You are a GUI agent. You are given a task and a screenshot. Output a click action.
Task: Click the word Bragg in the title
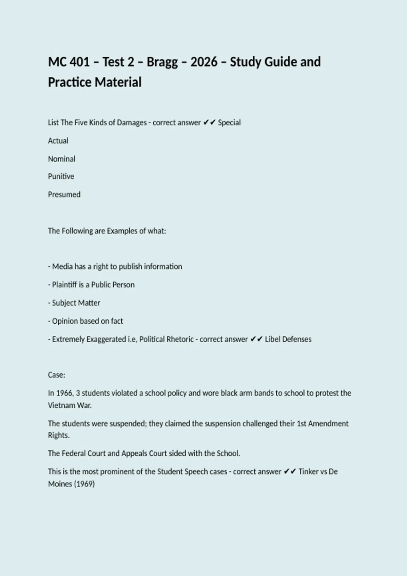click(162, 62)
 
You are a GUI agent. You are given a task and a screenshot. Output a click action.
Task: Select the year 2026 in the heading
click(204, 62)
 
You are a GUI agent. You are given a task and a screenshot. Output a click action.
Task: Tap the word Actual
click(58, 141)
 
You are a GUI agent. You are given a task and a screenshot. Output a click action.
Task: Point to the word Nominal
click(61, 159)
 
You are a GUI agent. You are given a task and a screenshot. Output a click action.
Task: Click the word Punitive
click(61, 176)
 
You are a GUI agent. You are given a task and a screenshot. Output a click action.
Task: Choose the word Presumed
click(64, 194)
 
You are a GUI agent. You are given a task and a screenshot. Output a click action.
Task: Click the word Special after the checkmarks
click(229, 122)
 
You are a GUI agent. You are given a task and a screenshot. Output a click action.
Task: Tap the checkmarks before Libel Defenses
click(256, 339)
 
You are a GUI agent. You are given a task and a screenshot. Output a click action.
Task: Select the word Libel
click(272, 339)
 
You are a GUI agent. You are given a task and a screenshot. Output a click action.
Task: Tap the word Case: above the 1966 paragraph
click(57, 375)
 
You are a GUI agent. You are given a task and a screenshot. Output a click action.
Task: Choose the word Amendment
click(328, 424)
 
